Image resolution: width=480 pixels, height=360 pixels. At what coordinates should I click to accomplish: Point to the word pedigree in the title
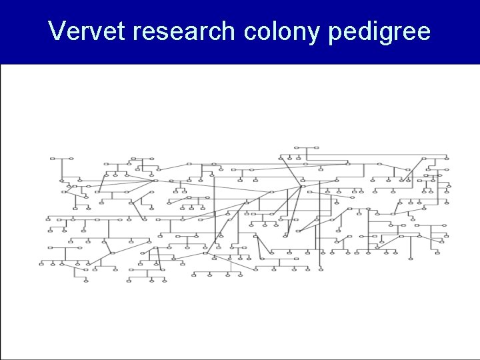(379, 31)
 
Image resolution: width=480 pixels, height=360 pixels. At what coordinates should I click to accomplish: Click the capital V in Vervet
(58, 31)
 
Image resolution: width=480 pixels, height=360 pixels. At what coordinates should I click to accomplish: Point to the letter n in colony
(303, 33)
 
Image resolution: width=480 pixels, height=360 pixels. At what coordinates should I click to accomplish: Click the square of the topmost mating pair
(298, 147)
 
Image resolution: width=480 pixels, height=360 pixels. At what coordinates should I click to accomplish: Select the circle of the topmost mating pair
(315, 147)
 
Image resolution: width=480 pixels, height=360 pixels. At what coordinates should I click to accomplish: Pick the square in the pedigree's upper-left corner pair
(52, 159)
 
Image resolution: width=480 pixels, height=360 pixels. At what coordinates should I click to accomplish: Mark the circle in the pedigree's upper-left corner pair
(71, 159)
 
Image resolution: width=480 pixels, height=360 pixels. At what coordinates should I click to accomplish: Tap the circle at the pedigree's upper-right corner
(445, 158)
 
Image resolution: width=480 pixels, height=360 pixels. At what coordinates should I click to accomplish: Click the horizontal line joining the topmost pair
(306, 147)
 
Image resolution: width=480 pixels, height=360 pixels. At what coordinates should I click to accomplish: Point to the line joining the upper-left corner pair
(61, 159)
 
